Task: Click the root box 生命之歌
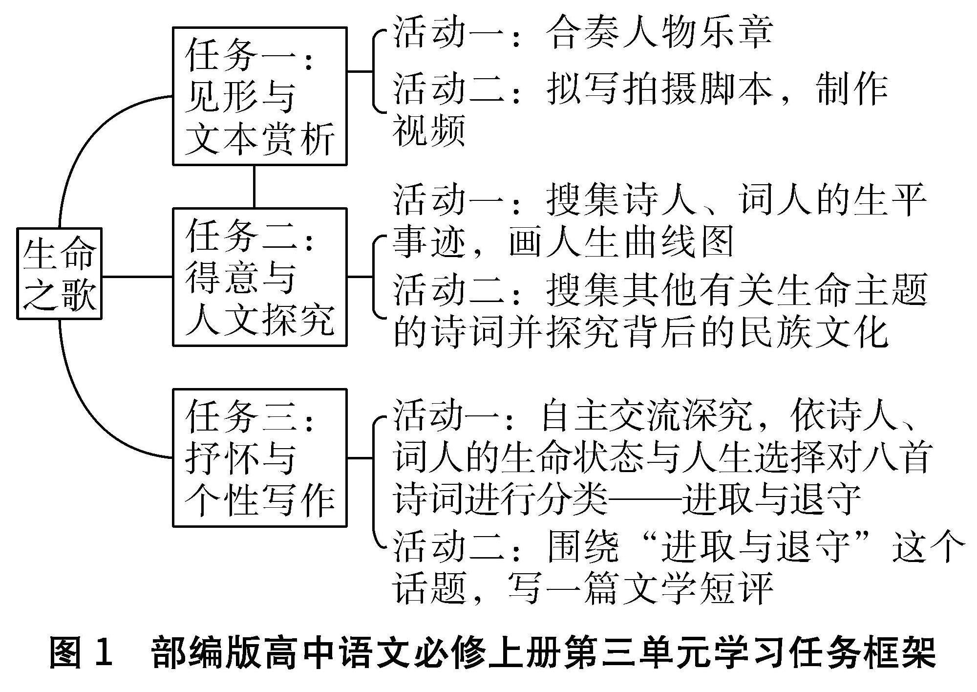[x=59, y=274]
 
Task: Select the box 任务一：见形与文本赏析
[x=260, y=96]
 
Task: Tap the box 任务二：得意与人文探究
[x=260, y=277]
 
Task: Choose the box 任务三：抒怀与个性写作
[x=260, y=458]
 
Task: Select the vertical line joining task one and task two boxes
[x=254, y=187]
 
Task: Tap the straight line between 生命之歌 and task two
[x=137, y=277]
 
